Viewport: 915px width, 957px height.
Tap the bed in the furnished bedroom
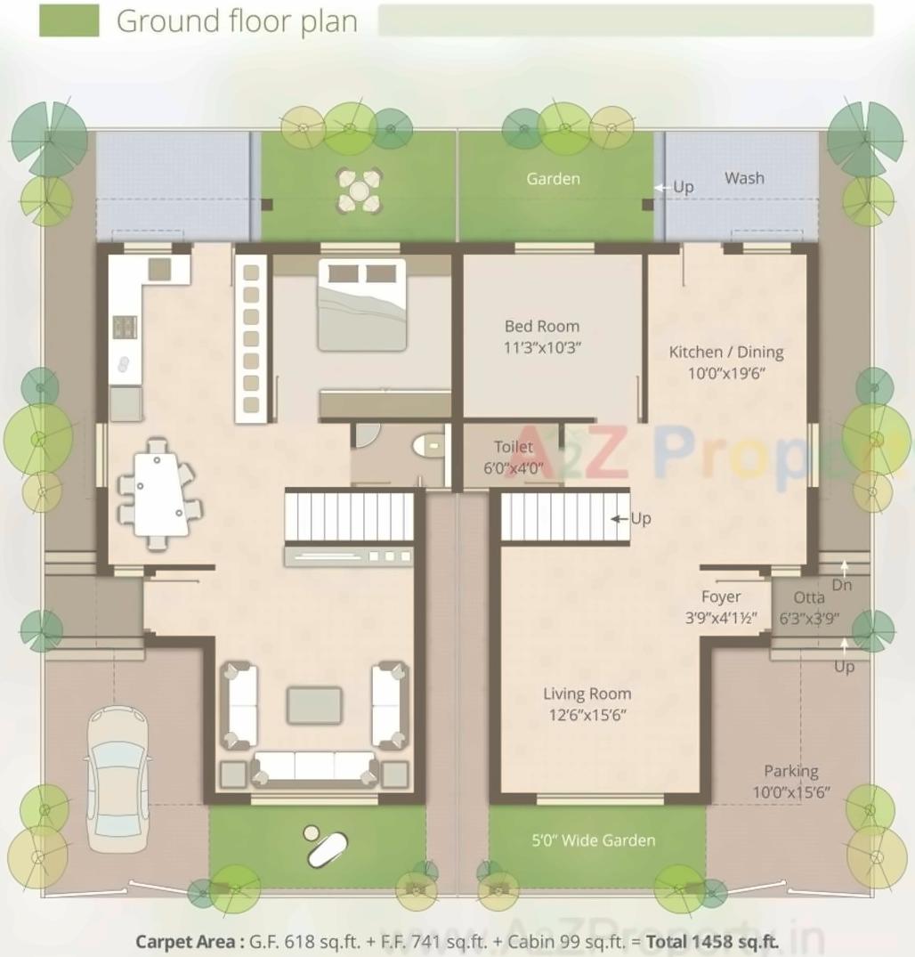point(361,304)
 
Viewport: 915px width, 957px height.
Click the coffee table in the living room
point(314,705)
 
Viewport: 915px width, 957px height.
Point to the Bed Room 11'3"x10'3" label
point(541,337)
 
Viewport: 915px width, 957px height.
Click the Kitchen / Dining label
point(725,361)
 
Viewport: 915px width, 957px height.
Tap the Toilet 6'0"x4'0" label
point(514,456)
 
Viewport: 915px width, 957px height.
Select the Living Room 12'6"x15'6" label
point(587,703)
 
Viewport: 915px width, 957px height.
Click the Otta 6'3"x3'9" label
point(808,606)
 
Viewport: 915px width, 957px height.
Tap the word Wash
point(743,178)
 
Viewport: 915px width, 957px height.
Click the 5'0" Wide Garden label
point(594,840)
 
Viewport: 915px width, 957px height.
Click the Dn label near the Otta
point(841,585)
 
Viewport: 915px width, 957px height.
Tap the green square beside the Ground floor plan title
point(69,21)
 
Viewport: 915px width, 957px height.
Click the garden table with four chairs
point(360,191)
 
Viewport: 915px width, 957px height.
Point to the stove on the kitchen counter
point(125,327)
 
